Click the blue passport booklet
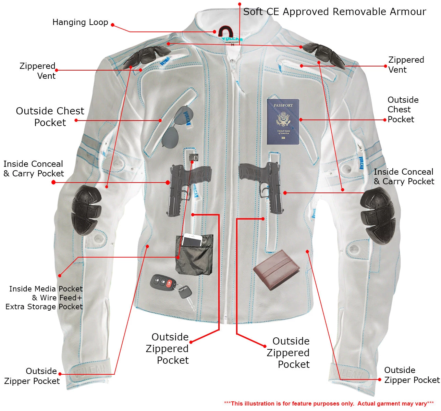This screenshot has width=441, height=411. [x=283, y=122]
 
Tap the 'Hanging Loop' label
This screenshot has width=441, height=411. [x=80, y=23]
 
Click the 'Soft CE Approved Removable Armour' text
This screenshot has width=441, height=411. [x=334, y=12]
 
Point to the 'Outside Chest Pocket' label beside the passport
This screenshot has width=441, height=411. [x=403, y=110]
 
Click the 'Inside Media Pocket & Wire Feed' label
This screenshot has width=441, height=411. [x=45, y=298]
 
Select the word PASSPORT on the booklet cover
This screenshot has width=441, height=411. [x=283, y=105]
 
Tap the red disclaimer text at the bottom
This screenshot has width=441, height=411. [x=329, y=403]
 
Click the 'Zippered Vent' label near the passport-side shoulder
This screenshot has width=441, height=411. [x=406, y=65]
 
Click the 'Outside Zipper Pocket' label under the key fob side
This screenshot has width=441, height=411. [x=32, y=376]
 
